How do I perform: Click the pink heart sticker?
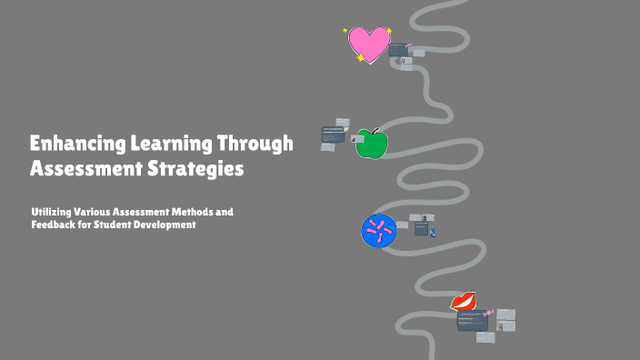tap(369, 43)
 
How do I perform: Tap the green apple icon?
tap(369, 144)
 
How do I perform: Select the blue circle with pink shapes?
tap(379, 231)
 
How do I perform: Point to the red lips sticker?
tap(464, 301)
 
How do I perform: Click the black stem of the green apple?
tap(373, 132)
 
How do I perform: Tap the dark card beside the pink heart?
tap(397, 50)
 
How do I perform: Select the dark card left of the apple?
tap(334, 134)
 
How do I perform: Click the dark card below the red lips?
tap(471, 321)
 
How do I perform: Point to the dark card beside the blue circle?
tap(421, 229)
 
